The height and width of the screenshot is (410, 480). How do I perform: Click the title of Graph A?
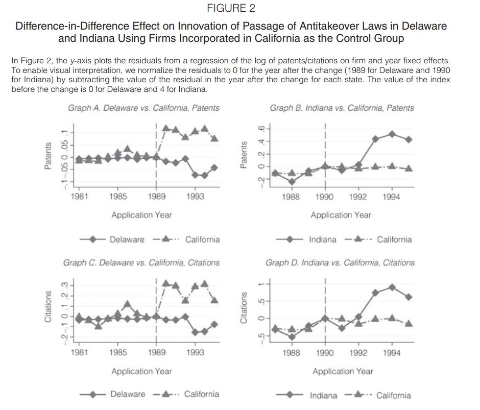[x=143, y=108]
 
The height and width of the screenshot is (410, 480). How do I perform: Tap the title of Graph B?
[x=342, y=108]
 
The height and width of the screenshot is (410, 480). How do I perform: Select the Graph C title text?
[x=141, y=262]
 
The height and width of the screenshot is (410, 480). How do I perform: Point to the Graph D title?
[x=340, y=262]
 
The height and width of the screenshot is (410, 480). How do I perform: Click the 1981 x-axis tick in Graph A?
[x=79, y=197]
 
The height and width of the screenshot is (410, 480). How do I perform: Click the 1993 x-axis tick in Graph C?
[x=195, y=352]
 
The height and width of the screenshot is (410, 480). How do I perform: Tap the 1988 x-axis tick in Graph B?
[x=291, y=197]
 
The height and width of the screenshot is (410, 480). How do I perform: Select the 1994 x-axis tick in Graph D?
[x=392, y=352]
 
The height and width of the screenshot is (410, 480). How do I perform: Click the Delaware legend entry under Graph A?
[x=127, y=239]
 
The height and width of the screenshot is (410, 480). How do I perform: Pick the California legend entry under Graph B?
[x=394, y=239]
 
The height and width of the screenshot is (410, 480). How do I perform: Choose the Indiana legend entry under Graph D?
[x=323, y=395]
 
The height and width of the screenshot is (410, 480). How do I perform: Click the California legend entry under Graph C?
[x=201, y=394]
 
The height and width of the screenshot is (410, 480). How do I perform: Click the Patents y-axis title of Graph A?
[x=47, y=156]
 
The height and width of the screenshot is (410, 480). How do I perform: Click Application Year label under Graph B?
[x=341, y=215]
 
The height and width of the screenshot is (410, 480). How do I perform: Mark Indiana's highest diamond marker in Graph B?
[x=392, y=134]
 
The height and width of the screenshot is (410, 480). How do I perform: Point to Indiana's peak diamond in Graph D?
[x=392, y=287]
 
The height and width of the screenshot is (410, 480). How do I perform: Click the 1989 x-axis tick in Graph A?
[x=156, y=197]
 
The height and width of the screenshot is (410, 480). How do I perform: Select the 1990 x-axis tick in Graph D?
[x=325, y=352]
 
